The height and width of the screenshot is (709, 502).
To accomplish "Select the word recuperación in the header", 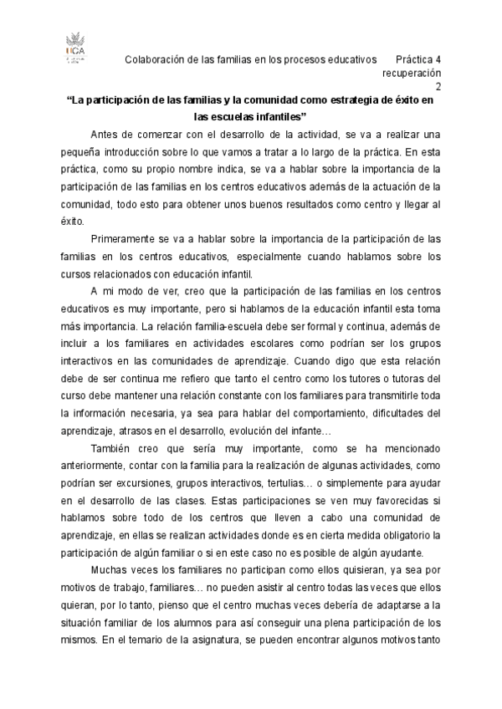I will [x=412, y=73].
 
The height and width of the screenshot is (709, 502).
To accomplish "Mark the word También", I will [x=111, y=447].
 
